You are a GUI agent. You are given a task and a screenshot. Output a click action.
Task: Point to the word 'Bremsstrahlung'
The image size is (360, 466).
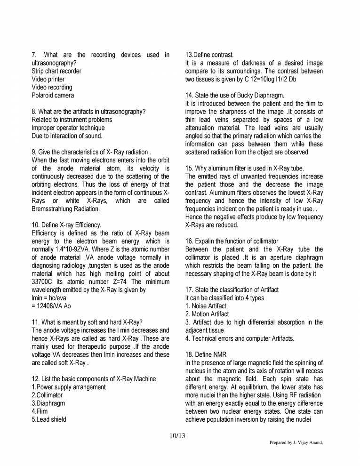[x=53, y=209]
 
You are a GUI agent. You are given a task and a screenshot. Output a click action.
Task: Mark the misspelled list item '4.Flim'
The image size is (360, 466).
[x=40, y=411]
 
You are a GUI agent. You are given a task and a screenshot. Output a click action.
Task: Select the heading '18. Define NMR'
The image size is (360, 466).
[x=206, y=354]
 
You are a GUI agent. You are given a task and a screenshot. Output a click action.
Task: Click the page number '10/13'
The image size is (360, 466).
[x=177, y=436]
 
